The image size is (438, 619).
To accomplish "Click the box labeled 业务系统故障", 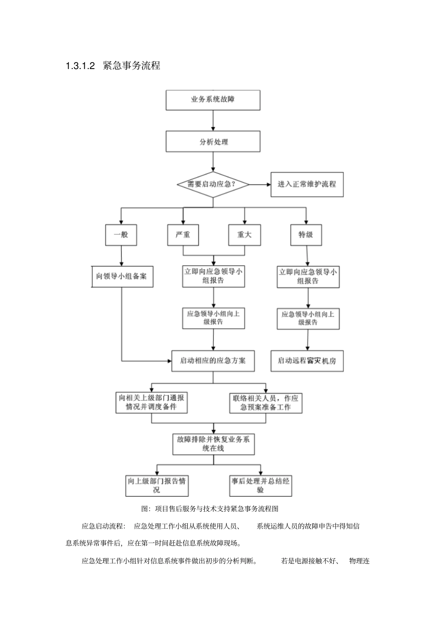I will tap(213, 100).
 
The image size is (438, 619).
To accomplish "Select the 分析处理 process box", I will tap(213, 142).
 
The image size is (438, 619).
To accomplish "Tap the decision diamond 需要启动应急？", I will tap(213, 185).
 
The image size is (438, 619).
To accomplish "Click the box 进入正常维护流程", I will tap(307, 184).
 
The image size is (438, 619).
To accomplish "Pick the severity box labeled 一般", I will tap(121, 235).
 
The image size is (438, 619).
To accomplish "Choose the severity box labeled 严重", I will tap(183, 235).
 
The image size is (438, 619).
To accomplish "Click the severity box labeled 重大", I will tap(244, 235).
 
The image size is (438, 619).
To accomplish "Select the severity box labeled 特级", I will tap(306, 235).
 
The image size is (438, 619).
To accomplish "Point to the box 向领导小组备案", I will tap(122, 277).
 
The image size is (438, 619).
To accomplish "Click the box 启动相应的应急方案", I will tap(213, 360).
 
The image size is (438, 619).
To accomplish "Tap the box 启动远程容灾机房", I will tap(307, 361).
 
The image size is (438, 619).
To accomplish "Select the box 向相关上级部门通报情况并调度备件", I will tap(152, 402).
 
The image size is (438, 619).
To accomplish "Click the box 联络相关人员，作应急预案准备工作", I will tap(266, 403).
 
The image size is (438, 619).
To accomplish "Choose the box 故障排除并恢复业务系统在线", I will tap(213, 444).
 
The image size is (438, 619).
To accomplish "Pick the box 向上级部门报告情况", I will tap(157, 486).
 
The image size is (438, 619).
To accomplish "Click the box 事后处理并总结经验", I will tap(260, 486).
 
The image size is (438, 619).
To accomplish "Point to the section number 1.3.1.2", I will tap(80, 66).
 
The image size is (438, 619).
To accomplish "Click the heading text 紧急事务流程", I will tap(132, 66).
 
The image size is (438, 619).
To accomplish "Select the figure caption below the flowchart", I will tap(210, 509).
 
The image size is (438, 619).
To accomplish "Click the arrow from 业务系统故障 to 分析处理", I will tap(213, 121).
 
